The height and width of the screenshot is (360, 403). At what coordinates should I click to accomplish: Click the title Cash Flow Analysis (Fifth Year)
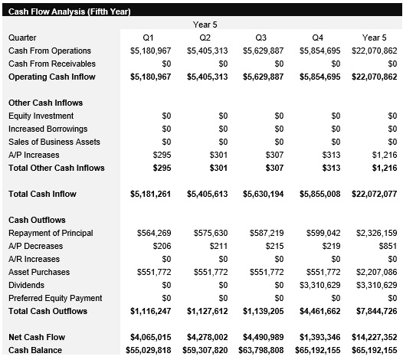69,11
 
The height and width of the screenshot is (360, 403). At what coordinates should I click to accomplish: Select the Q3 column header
261,38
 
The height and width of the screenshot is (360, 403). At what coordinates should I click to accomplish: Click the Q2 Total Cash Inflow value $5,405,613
208,194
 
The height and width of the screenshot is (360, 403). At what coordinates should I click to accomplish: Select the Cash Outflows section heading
37,220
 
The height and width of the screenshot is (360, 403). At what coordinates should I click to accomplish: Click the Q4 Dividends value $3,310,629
318,285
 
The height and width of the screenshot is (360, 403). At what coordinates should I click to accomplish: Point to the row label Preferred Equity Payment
51,298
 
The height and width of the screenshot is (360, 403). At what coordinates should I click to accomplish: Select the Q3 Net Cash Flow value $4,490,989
263,337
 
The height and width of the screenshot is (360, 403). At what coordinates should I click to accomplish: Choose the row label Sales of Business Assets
48,142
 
